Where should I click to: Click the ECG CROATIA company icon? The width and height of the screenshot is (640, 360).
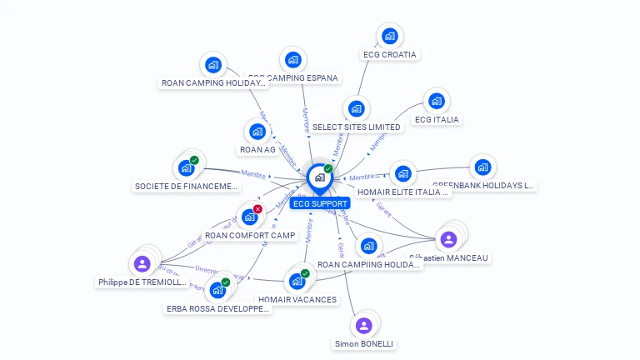pos(389,36)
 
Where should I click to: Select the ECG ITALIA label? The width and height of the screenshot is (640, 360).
pos(437,119)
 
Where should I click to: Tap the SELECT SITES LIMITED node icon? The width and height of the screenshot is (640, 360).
pos(357,108)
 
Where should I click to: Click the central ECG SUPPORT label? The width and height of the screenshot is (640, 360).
pos(320,203)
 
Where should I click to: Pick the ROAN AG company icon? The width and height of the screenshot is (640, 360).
pos(257,131)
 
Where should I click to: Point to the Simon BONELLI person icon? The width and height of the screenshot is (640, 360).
pos(363,325)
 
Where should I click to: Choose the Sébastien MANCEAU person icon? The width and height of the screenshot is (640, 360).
pos(448,239)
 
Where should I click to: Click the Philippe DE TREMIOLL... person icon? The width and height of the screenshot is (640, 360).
pos(142,264)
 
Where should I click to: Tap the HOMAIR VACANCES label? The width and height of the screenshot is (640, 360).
pos(297,299)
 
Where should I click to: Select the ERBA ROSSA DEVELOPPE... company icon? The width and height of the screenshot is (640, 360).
pos(217,290)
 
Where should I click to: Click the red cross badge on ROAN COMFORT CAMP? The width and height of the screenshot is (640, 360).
pos(257,209)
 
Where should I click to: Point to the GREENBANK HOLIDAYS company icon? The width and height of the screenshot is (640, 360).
pos(482,167)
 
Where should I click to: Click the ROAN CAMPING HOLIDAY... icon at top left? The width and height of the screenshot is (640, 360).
pos(213,64)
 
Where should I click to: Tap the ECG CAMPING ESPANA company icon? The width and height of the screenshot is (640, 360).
pos(292,60)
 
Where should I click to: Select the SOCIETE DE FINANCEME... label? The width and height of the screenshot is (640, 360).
pos(186,187)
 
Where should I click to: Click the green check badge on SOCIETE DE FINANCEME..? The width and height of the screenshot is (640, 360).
pos(194,160)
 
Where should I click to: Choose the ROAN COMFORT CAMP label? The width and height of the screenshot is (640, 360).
pos(250,235)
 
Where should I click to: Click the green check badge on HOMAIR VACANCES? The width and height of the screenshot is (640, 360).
pos(305,273)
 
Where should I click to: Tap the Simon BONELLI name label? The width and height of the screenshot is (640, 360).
pos(363,343)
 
